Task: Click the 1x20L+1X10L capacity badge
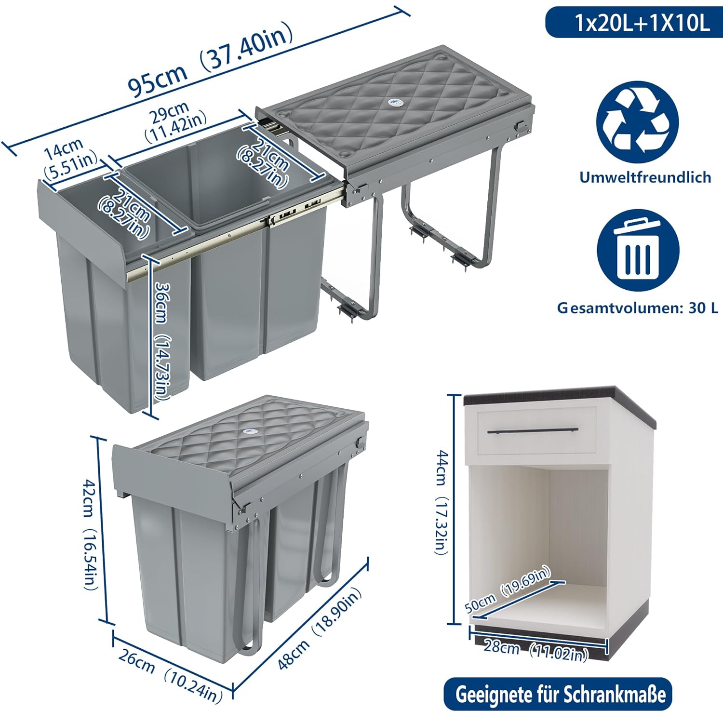click(x=634, y=23)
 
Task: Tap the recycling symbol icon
click(x=637, y=122)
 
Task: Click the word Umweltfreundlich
click(x=645, y=177)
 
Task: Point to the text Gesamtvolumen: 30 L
click(x=638, y=308)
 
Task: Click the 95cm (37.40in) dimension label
click(x=211, y=60)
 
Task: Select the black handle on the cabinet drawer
click(x=533, y=430)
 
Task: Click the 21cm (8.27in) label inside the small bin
click(x=124, y=214)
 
